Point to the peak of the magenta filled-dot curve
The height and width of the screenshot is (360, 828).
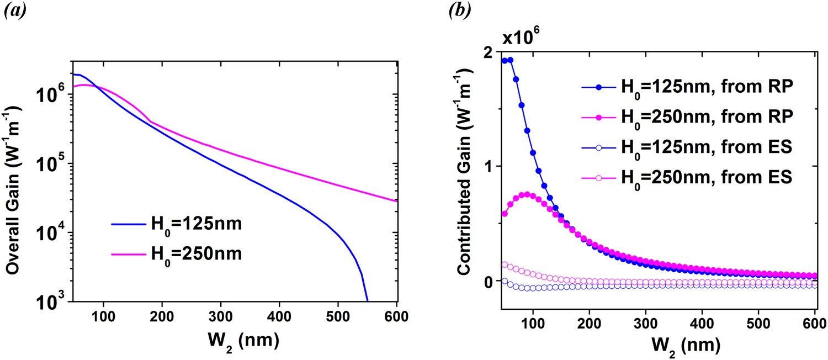tap(527, 194)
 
